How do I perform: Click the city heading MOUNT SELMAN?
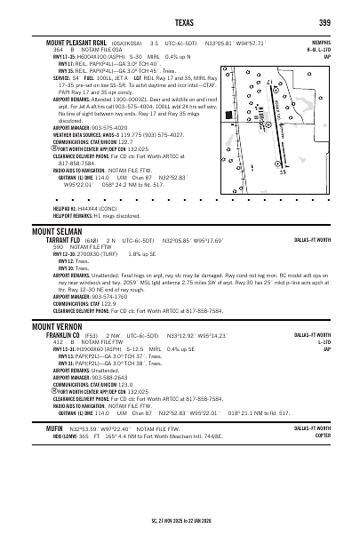pyautogui.click(x=55, y=230)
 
